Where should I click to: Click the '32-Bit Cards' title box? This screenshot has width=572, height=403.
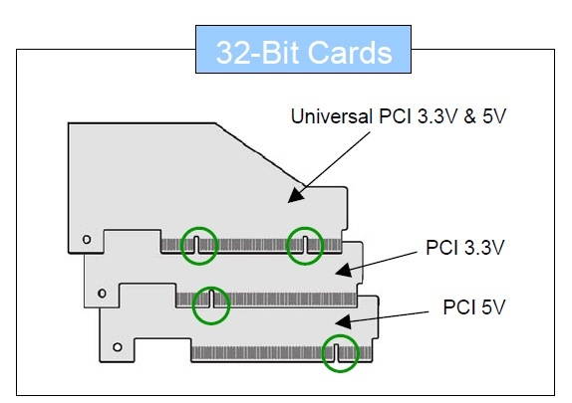303,49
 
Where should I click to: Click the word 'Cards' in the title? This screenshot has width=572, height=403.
350,53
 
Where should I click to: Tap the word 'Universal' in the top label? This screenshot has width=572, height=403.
332,116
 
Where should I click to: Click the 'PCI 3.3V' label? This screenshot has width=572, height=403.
465,248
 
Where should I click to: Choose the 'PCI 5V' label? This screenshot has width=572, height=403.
474,306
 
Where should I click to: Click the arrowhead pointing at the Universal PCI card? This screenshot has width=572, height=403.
296,195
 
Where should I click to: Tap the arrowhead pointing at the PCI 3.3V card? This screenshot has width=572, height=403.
343,271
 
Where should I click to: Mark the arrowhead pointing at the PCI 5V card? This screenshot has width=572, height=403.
343,321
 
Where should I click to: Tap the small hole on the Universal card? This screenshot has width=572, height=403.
87,240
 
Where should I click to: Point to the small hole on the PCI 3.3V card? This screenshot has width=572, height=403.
102,293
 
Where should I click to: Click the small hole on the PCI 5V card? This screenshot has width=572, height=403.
118,347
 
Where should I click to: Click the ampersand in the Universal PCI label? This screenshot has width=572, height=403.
469,116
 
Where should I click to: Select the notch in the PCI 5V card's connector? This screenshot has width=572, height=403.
337,352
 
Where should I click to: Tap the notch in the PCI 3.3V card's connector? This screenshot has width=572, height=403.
211,299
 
